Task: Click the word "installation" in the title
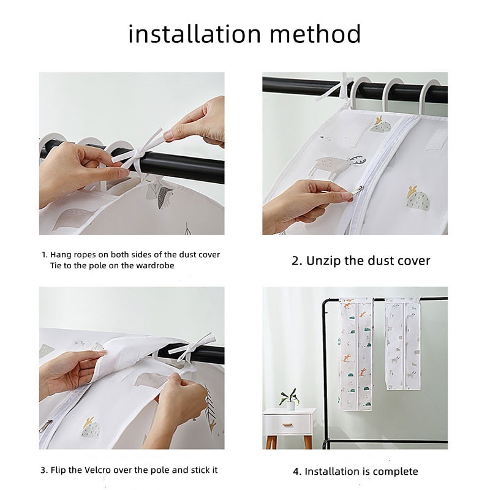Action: point(194,34)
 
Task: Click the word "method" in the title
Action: point(315,34)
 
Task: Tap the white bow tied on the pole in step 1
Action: point(137,152)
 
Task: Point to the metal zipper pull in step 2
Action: point(357,192)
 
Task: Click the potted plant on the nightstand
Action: point(290,399)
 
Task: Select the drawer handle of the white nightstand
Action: point(287,424)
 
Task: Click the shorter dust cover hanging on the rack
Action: point(403,344)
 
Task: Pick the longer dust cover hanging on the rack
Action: point(356,354)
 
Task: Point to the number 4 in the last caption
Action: point(296,472)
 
